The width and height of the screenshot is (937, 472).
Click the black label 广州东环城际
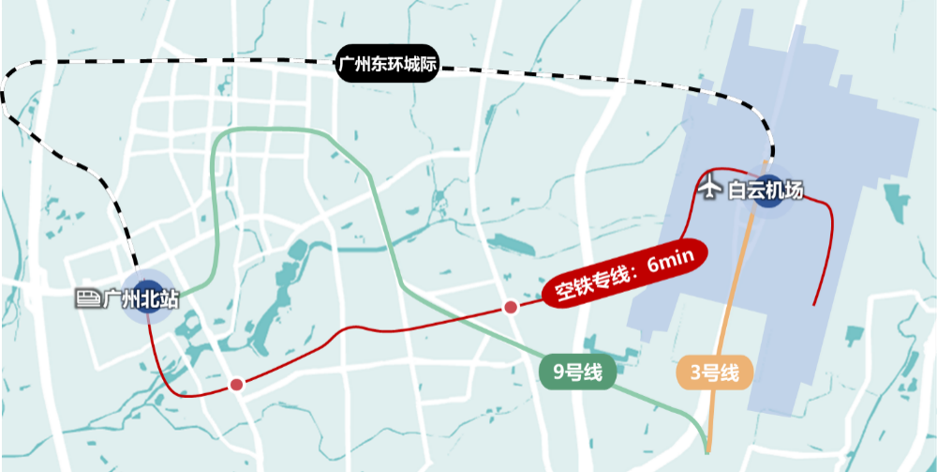pyautogui.click(x=388, y=67)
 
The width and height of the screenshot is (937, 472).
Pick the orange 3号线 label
pyautogui.click(x=715, y=373)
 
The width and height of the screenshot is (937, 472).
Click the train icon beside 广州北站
pyautogui.click(x=87, y=298)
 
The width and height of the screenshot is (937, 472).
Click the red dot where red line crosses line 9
pyautogui.click(x=511, y=307)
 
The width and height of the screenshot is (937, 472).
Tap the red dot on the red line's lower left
pyautogui.click(x=236, y=385)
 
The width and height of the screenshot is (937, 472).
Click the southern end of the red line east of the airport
pyautogui.click(x=813, y=305)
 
